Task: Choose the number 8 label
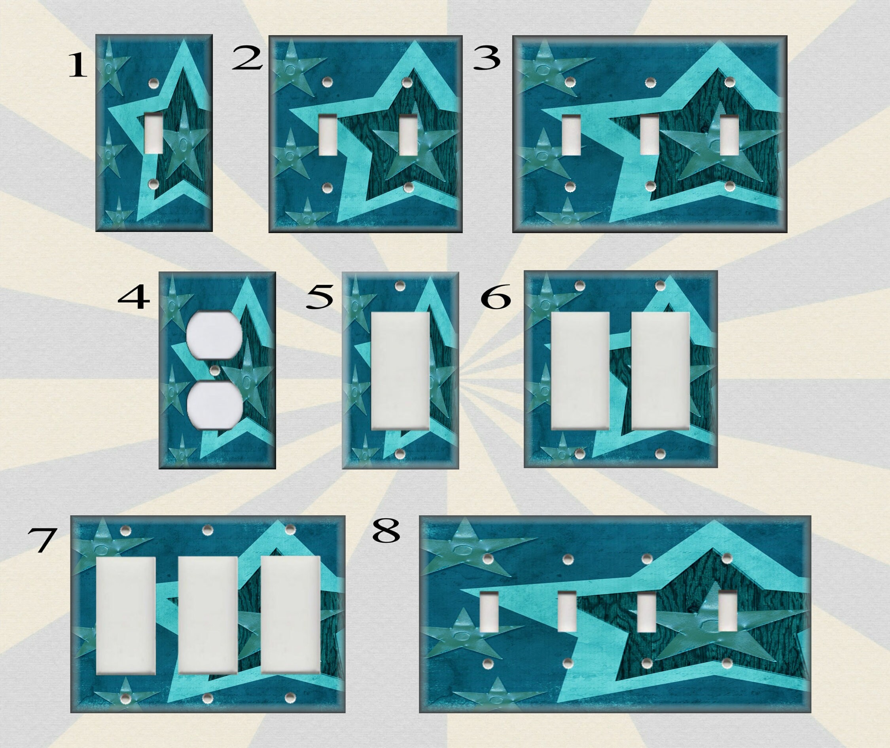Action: [386, 532]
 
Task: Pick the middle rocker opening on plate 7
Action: [208, 615]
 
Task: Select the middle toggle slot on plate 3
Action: [649, 135]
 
